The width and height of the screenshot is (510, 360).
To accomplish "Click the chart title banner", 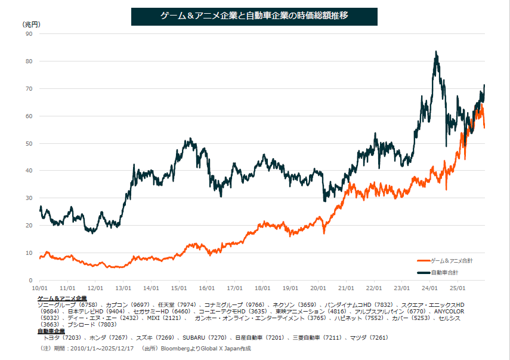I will [254, 17].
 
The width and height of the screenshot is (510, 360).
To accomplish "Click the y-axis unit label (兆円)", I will [32, 24].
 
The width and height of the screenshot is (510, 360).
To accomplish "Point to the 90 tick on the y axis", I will [29, 34].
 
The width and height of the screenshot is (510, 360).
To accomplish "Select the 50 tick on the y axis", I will [29, 143].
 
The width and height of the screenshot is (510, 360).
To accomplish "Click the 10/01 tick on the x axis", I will [39, 287].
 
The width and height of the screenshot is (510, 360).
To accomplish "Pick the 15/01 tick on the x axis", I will [179, 287].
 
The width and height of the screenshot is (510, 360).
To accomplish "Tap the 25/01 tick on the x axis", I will [458, 287].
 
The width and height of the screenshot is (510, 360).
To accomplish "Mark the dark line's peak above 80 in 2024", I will [437, 53].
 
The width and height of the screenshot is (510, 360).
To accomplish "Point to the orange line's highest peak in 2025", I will [480, 105].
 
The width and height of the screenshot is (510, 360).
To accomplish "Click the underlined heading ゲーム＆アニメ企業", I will [62, 297].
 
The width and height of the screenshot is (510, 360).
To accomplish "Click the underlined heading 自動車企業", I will [52, 331].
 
